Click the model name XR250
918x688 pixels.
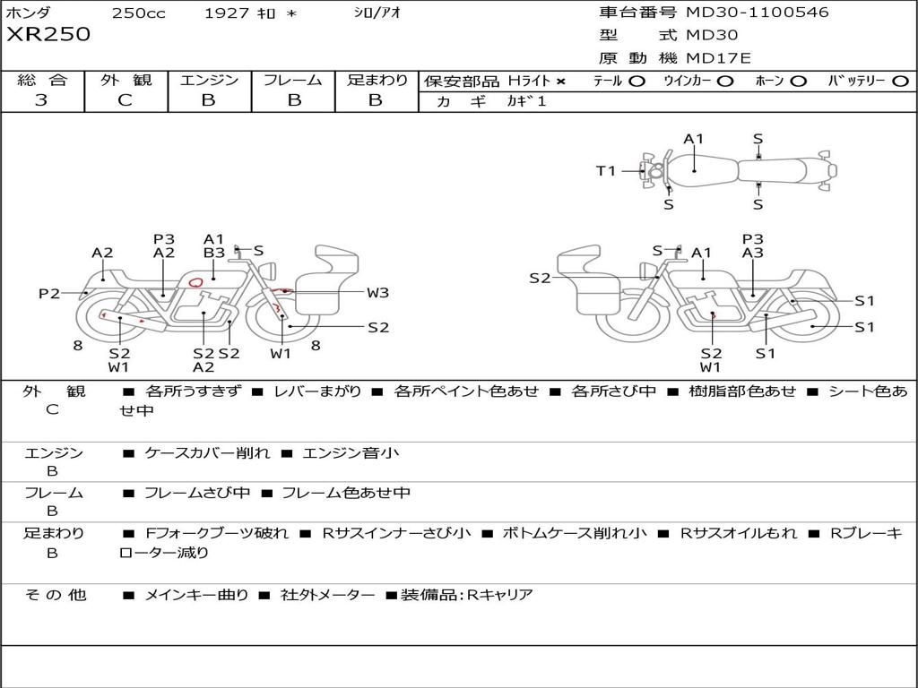tap(48, 34)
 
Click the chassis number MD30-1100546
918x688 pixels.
tap(757, 12)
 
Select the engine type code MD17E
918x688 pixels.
tap(718, 58)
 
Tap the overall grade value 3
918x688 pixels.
tap(41, 100)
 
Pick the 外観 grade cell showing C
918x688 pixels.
tap(125, 100)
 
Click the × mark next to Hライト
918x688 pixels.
tap(561, 82)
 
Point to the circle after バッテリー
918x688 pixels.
tap(900, 82)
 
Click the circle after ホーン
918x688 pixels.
tap(799, 82)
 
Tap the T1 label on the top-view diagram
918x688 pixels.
tap(606, 171)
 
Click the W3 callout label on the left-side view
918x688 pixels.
tap(377, 293)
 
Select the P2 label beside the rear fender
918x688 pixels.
tap(49, 293)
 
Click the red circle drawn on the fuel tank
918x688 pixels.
tap(195, 282)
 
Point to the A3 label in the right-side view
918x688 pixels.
tap(752, 253)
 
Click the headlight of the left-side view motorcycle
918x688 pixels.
tap(271, 271)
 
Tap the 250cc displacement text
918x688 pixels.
tap(139, 13)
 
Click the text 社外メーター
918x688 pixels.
tap(327, 595)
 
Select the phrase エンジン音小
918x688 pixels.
tap(351, 452)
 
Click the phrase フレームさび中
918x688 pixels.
tap(197, 494)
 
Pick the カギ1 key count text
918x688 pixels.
tap(526, 101)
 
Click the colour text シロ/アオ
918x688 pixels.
tap(377, 13)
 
